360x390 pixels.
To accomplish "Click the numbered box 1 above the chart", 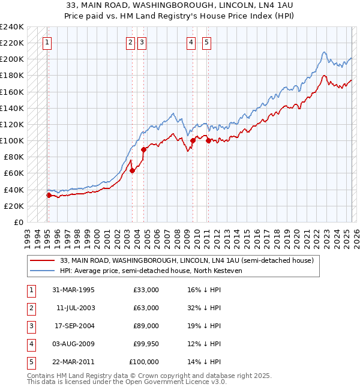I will (47, 42).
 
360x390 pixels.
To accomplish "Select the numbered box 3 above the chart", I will (142, 42).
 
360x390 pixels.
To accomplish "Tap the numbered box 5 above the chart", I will (206, 42).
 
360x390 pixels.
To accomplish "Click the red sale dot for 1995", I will (49, 195).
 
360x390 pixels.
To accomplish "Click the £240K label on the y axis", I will (12, 26).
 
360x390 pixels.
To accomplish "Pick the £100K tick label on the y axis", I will (12, 140).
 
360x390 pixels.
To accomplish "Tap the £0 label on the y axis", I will (19, 222).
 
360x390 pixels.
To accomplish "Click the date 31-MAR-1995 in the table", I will (74, 290).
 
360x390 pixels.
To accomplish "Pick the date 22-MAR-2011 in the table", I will (74, 362).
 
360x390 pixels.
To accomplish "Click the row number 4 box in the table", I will (31, 344).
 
